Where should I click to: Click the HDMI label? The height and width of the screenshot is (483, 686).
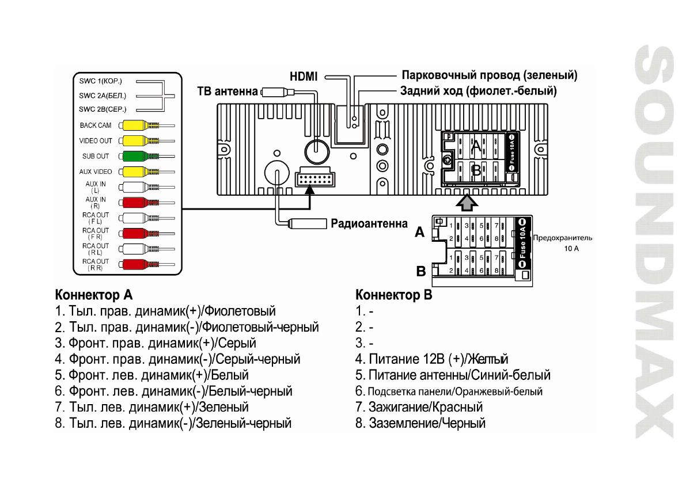click(303, 75)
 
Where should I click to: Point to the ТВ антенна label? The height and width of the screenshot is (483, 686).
click(227, 91)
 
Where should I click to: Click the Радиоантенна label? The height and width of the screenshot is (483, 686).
click(369, 223)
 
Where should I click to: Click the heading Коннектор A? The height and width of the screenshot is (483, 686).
click(94, 295)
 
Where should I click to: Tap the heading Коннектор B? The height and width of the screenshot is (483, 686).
click(394, 295)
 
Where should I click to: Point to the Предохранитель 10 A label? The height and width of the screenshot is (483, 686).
click(563, 243)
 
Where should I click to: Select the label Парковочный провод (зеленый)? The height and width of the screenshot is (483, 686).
click(490, 75)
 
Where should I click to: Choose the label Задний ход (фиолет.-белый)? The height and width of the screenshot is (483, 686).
click(479, 91)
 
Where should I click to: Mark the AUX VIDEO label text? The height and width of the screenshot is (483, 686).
click(96, 172)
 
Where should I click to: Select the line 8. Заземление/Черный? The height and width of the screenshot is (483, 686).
click(420, 423)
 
